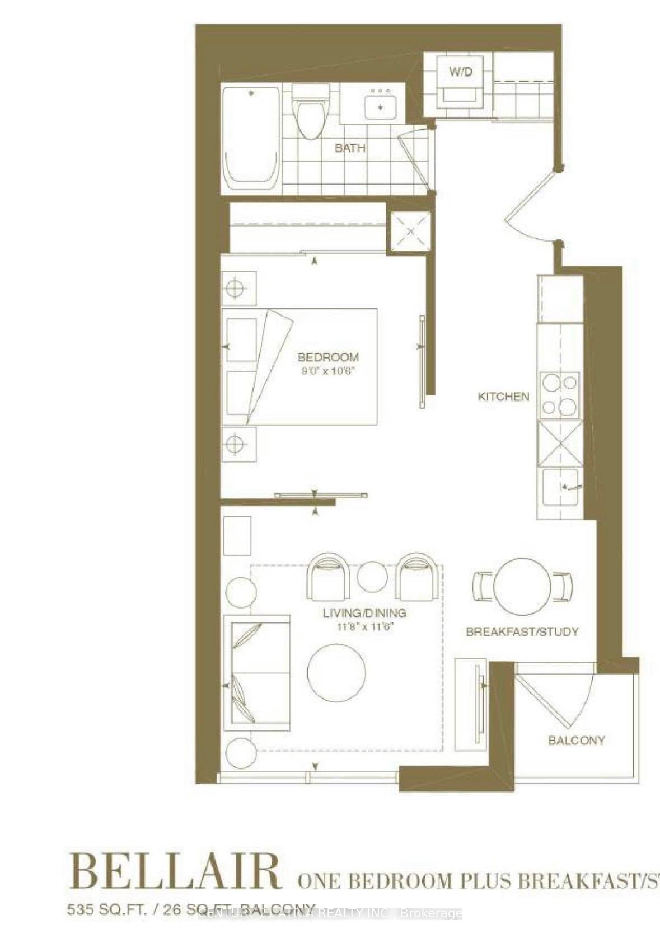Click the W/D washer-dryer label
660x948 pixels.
click(x=461, y=72)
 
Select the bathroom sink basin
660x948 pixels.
click(x=381, y=107)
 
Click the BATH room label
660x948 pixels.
click(x=350, y=148)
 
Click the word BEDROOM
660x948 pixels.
click(x=328, y=357)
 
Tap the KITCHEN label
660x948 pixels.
click(x=503, y=397)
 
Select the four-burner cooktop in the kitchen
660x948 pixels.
click(x=559, y=395)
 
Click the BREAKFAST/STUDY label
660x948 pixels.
click(x=522, y=632)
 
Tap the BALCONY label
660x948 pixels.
click(x=576, y=741)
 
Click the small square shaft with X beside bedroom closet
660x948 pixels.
click(x=411, y=232)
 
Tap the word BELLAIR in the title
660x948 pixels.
click(x=175, y=871)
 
